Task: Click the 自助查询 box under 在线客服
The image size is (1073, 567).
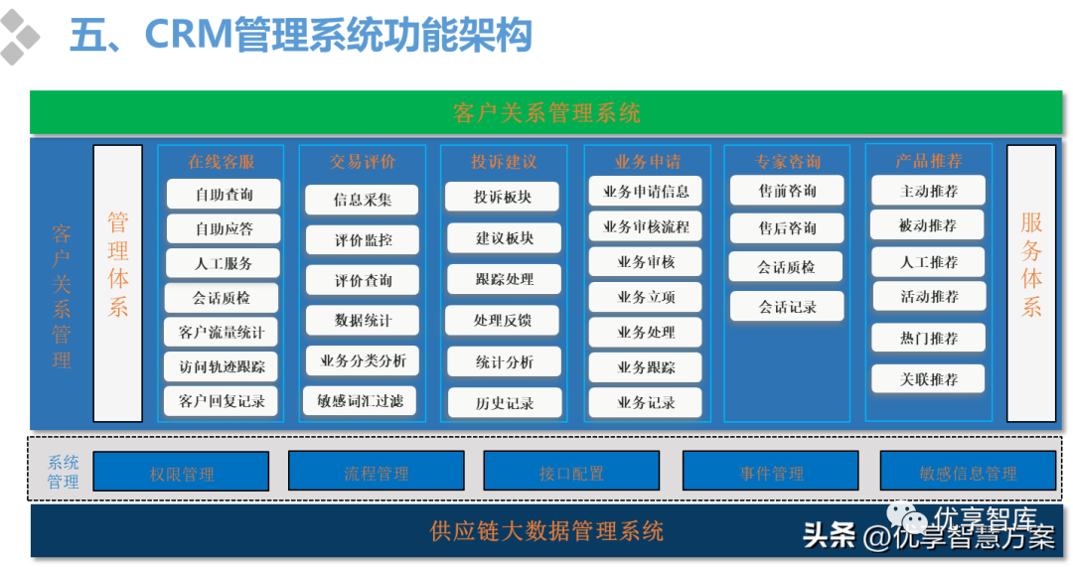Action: pyautogui.click(x=224, y=195)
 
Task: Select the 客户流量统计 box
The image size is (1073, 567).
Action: pyautogui.click(x=222, y=332)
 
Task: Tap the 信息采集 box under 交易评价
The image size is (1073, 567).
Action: pyautogui.click(x=362, y=200)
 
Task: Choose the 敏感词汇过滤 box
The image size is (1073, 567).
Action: pyautogui.click(x=361, y=401)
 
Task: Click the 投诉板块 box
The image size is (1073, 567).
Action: pyautogui.click(x=503, y=197)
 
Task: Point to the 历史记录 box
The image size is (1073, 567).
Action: pyautogui.click(x=505, y=403)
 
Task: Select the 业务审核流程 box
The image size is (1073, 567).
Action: pyautogui.click(x=646, y=226)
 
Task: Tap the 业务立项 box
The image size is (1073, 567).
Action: pyautogui.click(x=646, y=297)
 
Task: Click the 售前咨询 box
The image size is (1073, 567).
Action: pyautogui.click(x=787, y=191)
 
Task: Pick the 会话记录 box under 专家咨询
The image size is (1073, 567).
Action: pyautogui.click(x=787, y=307)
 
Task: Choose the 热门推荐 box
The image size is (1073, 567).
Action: pyautogui.click(x=929, y=338)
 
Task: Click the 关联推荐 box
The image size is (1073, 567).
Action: pyautogui.click(x=929, y=379)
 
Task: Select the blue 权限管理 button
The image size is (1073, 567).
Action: pyautogui.click(x=181, y=472)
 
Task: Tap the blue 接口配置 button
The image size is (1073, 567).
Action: pyautogui.click(x=571, y=472)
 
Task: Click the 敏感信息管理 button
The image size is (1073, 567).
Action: pyautogui.click(x=968, y=472)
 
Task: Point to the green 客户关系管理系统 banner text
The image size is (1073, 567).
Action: pyautogui.click(x=546, y=112)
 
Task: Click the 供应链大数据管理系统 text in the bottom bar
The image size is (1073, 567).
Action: pyautogui.click(x=546, y=531)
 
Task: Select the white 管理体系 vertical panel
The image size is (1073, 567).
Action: pyautogui.click(x=118, y=283)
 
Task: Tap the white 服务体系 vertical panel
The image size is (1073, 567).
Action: pyautogui.click(x=1031, y=283)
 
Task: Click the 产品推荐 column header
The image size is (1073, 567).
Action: pyautogui.click(x=929, y=161)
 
